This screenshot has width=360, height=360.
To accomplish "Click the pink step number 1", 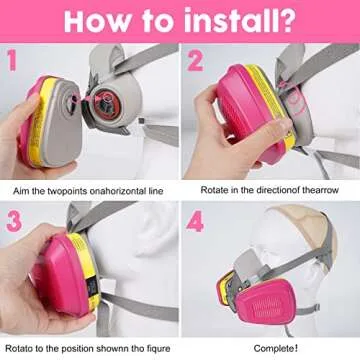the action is pos(12,61).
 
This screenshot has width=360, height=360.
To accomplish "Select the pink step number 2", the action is pos(195,61).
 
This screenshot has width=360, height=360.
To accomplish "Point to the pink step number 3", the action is pos(14,221).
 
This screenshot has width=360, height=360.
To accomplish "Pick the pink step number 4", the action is pos(195,221).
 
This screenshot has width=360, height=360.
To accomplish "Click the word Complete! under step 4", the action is pos(276,349).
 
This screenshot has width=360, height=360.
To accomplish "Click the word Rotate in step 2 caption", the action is pos(212,190).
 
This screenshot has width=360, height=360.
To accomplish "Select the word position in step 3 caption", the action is pos(74,349).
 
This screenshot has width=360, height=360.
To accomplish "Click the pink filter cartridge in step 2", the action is pos(249,113).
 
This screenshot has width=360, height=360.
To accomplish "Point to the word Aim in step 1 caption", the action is pos(20,191).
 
